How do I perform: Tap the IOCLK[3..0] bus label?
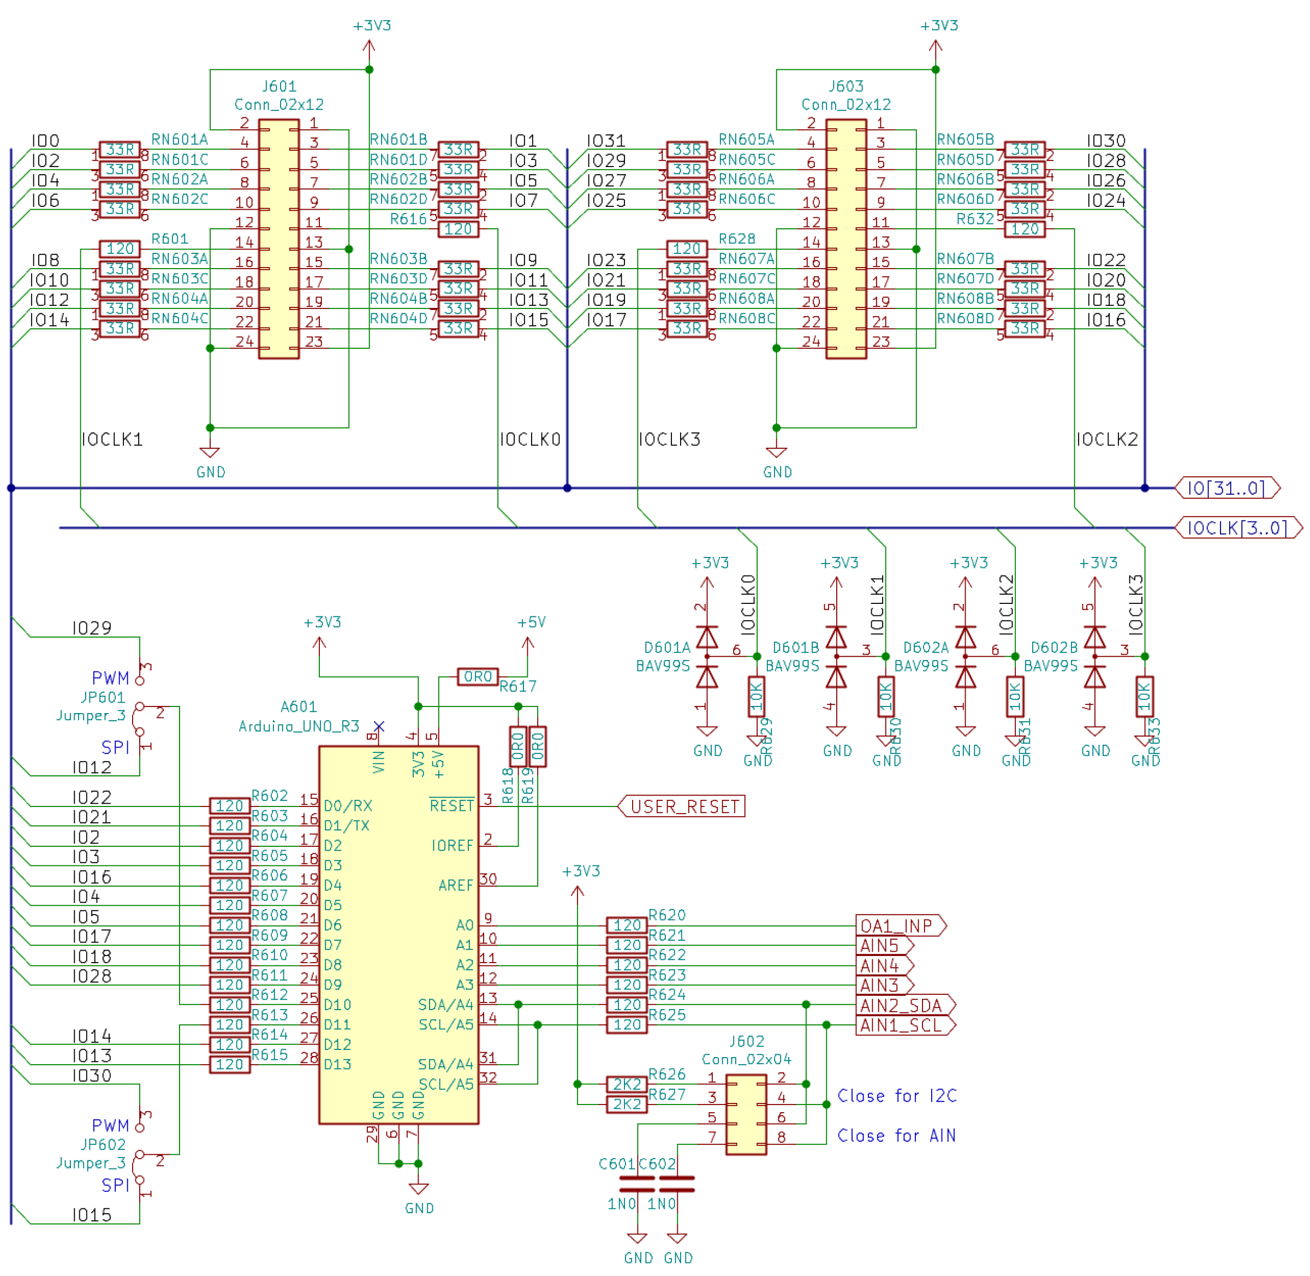coord(1237,528)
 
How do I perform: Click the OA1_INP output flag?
coord(898,926)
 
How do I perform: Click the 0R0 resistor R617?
coord(477,677)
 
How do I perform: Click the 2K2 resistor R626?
coord(626,1084)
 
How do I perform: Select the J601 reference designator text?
coord(279,86)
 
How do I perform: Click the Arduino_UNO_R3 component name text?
coord(299,727)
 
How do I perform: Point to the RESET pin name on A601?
coord(451,805)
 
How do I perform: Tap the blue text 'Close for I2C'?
coord(897,1096)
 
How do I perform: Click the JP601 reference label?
coord(103,697)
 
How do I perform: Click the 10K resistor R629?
coord(756,697)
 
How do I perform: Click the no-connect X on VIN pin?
coord(379,727)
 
